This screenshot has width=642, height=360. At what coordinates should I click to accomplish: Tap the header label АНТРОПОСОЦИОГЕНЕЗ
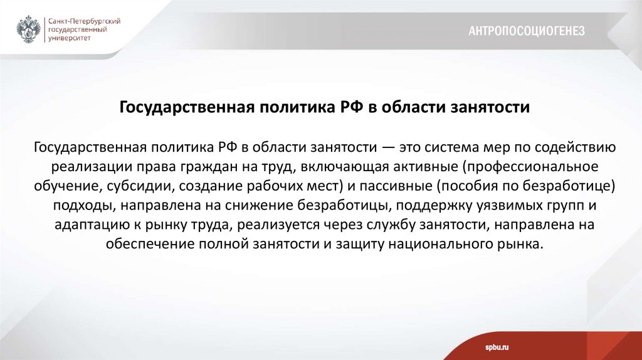pos(527,31)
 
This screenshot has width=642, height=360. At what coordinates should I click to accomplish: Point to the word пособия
pos(469,186)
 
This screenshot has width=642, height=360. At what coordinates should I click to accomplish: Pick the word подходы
pos(79,206)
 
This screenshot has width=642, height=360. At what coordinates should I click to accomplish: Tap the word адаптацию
pos(89,225)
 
